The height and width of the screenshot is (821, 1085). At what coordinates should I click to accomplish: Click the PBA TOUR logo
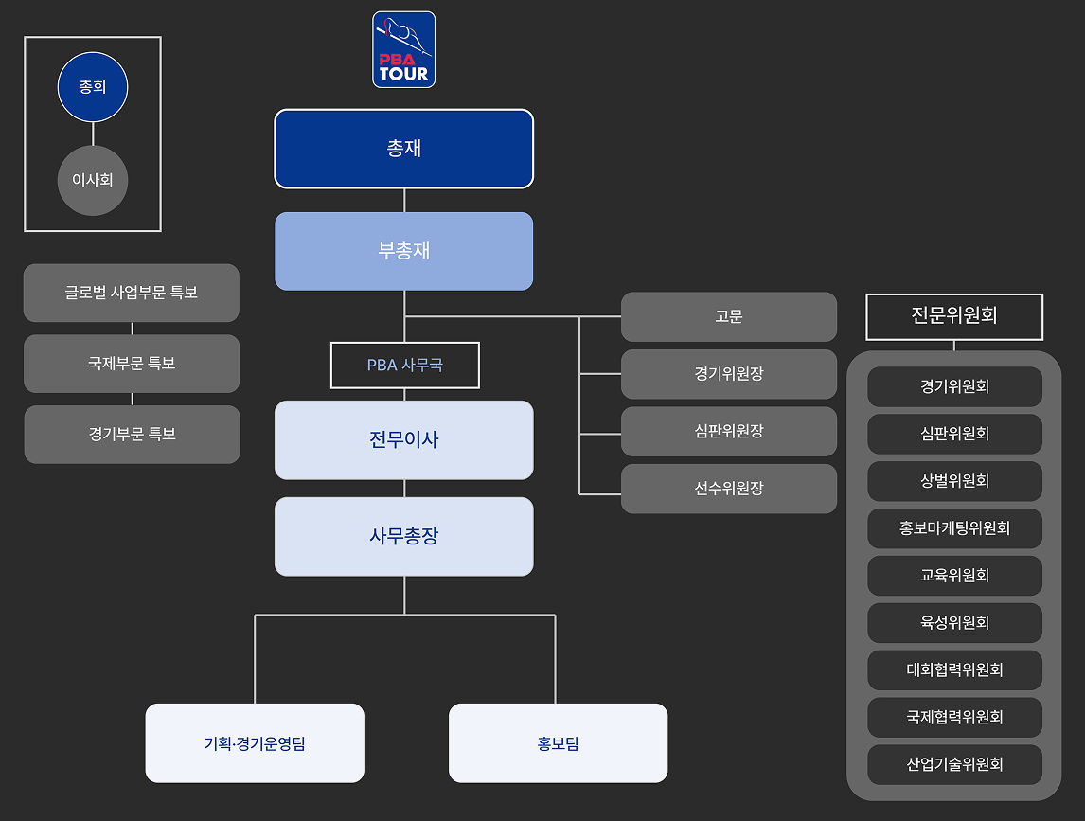click(x=404, y=49)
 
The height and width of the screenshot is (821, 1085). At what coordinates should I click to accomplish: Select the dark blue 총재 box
click(x=404, y=149)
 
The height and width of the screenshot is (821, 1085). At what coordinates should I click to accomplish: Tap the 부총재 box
click(x=404, y=251)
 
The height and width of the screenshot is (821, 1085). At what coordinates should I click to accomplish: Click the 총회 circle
click(x=93, y=87)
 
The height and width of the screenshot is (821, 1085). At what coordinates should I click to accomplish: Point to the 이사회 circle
click(x=93, y=180)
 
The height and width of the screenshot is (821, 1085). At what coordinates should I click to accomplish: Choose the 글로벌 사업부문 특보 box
click(x=132, y=293)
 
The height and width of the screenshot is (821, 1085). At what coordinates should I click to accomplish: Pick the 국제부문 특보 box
click(x=132, y=364)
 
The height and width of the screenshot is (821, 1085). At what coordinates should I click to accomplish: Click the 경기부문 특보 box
click(x=132, y=435)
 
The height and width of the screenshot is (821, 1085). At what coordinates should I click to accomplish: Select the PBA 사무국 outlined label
click(x=405, y=365)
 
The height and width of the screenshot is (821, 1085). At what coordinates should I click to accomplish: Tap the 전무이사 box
click(x=404, y=440)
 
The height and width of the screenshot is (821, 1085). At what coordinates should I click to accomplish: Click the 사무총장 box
click(x=404, y=537)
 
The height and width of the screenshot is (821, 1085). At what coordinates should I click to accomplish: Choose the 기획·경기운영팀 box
click(x=255, y=743)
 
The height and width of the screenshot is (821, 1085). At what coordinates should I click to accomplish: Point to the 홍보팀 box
click(x=558, y=743)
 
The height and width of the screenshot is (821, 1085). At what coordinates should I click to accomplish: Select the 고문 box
click(x=729, y=316)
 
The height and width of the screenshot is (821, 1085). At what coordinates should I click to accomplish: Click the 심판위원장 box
click(x=729, y=432)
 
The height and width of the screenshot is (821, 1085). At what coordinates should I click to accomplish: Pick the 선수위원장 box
click(x=729, y=489)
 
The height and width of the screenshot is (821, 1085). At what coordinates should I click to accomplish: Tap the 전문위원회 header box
click(x=954, y=316)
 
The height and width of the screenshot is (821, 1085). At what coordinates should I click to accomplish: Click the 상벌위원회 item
click(x=954, y=481)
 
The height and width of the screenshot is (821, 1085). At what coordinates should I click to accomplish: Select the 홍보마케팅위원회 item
click(x=954, y=528)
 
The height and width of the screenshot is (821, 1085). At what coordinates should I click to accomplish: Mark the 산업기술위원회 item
click(x=954, y=764)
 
